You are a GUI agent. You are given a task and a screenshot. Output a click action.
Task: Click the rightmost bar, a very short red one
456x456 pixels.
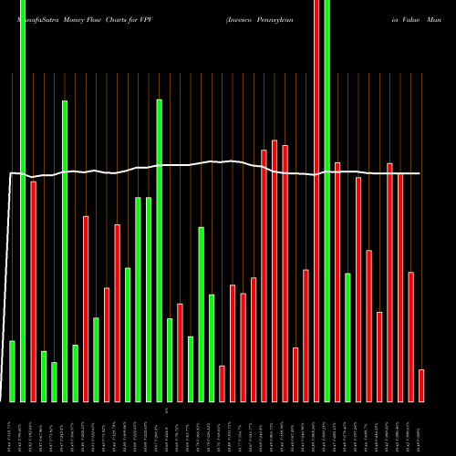(421, 385)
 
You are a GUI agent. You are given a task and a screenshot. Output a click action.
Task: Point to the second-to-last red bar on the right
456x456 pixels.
(410, 337)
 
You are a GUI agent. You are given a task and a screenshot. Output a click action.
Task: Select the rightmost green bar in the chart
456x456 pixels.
(347, 337)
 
